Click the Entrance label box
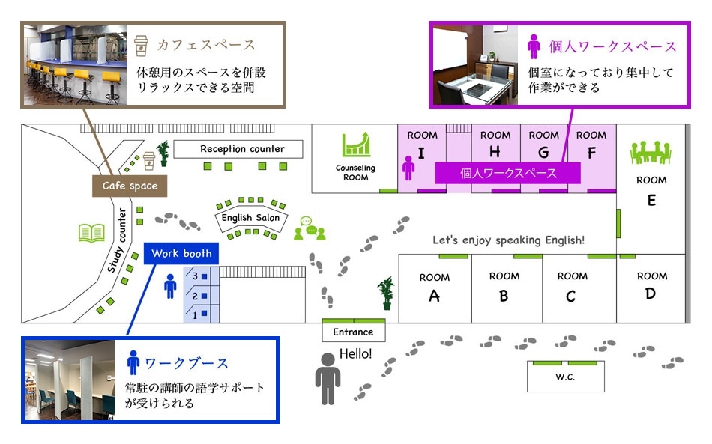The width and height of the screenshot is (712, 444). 353,332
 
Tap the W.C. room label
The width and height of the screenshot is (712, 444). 565,377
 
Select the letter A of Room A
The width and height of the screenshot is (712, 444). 434,296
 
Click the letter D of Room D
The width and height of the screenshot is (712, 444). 651,294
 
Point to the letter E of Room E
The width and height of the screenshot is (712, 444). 651,200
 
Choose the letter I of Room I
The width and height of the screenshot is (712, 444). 421,153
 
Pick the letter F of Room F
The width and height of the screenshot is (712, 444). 591,153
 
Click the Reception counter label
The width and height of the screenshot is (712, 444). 242,149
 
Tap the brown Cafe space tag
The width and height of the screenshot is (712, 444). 130,186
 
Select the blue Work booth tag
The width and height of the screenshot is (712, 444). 181,253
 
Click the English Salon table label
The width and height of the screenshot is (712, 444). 250,218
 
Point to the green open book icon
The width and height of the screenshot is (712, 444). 91,233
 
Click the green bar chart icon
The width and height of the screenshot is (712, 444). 356,145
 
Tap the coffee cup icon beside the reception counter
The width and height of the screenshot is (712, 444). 149,158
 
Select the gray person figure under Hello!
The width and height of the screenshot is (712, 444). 328,377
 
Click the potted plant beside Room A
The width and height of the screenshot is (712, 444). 387,292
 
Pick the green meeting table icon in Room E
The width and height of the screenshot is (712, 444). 651,153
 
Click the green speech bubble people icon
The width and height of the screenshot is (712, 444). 309,228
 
